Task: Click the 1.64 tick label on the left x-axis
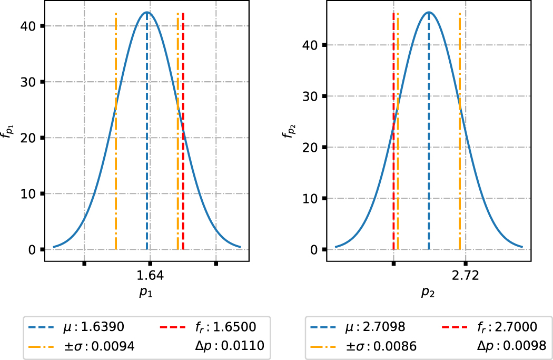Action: point(150,276)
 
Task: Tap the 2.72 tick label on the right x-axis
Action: point(466,276)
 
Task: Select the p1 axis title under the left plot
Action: point(146,294)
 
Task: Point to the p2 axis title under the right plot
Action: point(427,294)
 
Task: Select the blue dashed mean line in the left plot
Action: point(147,158)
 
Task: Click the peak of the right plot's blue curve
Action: point(429,12)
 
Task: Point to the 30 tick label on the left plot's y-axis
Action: point(29,82)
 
